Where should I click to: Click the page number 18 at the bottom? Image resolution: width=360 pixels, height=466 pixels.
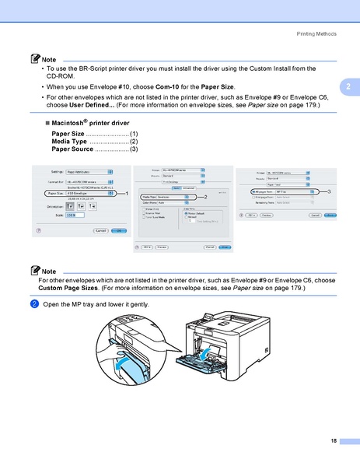(334, 441)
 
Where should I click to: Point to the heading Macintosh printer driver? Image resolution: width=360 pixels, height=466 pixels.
(86, 124)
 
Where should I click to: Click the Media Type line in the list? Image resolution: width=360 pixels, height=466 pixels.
(94, 142)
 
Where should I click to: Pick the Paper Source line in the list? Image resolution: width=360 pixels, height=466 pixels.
(94, 149)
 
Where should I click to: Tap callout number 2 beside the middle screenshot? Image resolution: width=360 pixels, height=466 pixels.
(206, 198)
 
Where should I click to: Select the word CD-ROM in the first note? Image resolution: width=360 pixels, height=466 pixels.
(61, 77)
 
